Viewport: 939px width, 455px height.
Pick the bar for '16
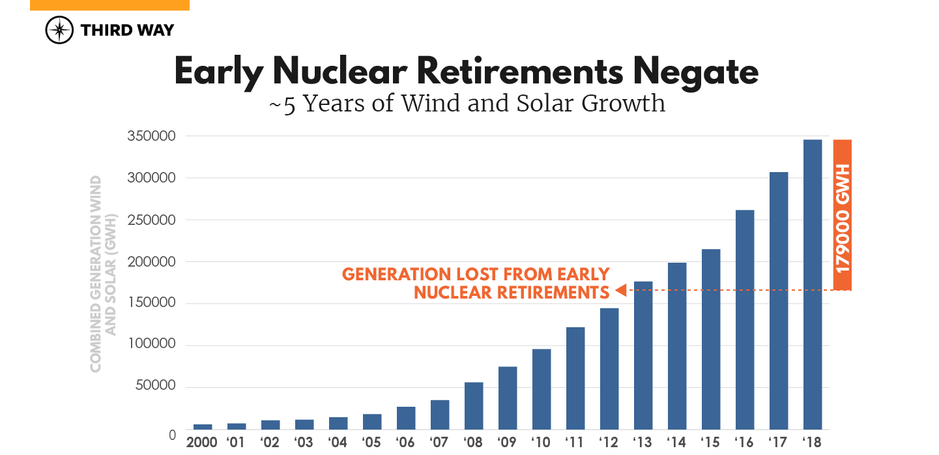click(x=745, y=319)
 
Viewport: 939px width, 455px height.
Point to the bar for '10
click(x=542, y=389)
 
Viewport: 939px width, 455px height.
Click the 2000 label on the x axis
click(x=202, y=442)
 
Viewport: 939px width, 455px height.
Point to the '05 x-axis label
click(x=372, y=442)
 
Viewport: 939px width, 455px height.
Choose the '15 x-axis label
click(x=711, y=442)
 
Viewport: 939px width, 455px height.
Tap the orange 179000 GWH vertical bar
click(x=843, y=214)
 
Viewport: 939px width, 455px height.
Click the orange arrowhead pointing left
click(x=620, y=290)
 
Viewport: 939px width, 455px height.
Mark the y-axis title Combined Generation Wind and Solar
click(x=102, y=274)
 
